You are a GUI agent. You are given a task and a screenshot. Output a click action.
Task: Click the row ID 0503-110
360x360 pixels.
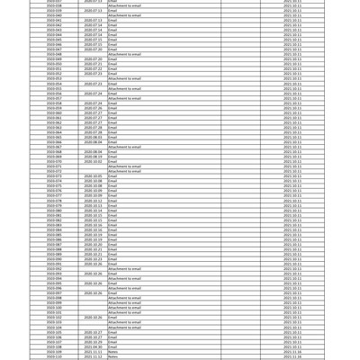pos(54,356)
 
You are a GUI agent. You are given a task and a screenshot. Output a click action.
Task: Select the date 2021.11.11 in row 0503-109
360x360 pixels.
pos(93,352)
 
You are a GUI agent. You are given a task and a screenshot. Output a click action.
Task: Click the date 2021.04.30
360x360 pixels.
pos(93,346)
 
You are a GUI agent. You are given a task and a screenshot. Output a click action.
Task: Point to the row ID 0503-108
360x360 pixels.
pos(54,346)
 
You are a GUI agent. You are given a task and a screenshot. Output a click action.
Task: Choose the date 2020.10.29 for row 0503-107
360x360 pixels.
pos(93,342)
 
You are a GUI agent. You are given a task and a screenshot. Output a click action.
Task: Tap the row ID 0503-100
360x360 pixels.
pos(54,308)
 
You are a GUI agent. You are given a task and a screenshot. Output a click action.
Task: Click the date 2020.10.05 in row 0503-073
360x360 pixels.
pos(93,176)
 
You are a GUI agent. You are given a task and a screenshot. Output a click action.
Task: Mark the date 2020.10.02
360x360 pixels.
pos(93,161)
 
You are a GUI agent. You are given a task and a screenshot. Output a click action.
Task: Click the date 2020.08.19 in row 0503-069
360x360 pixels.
pos(93,157)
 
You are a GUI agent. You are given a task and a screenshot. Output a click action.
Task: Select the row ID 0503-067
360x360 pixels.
pos(54,147)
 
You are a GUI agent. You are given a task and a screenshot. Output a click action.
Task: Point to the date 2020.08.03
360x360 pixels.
pos(93,137)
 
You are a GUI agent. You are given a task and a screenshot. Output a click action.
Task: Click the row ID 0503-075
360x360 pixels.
pos(54,186)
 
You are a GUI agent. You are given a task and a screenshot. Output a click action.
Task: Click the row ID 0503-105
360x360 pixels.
pos(54,332)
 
